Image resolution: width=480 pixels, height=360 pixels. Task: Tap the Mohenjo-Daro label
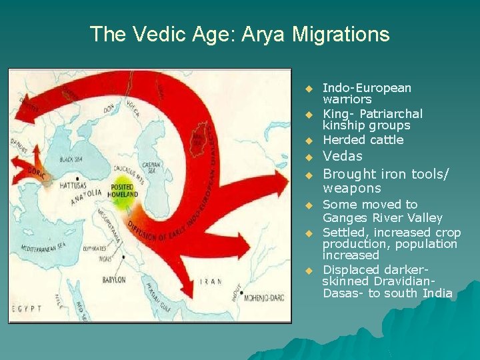(263, 297)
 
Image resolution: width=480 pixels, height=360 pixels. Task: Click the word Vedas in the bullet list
(342, 157)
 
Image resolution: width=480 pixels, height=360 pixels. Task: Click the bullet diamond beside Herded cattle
(309, 141)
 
